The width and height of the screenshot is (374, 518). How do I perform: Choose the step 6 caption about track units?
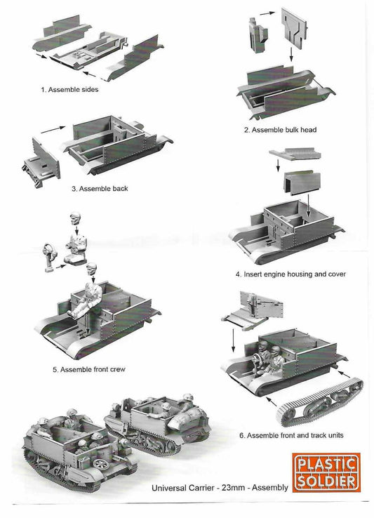(291, 435)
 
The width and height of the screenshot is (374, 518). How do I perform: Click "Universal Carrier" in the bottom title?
(185, 487)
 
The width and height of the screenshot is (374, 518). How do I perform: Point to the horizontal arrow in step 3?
(53, 129)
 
